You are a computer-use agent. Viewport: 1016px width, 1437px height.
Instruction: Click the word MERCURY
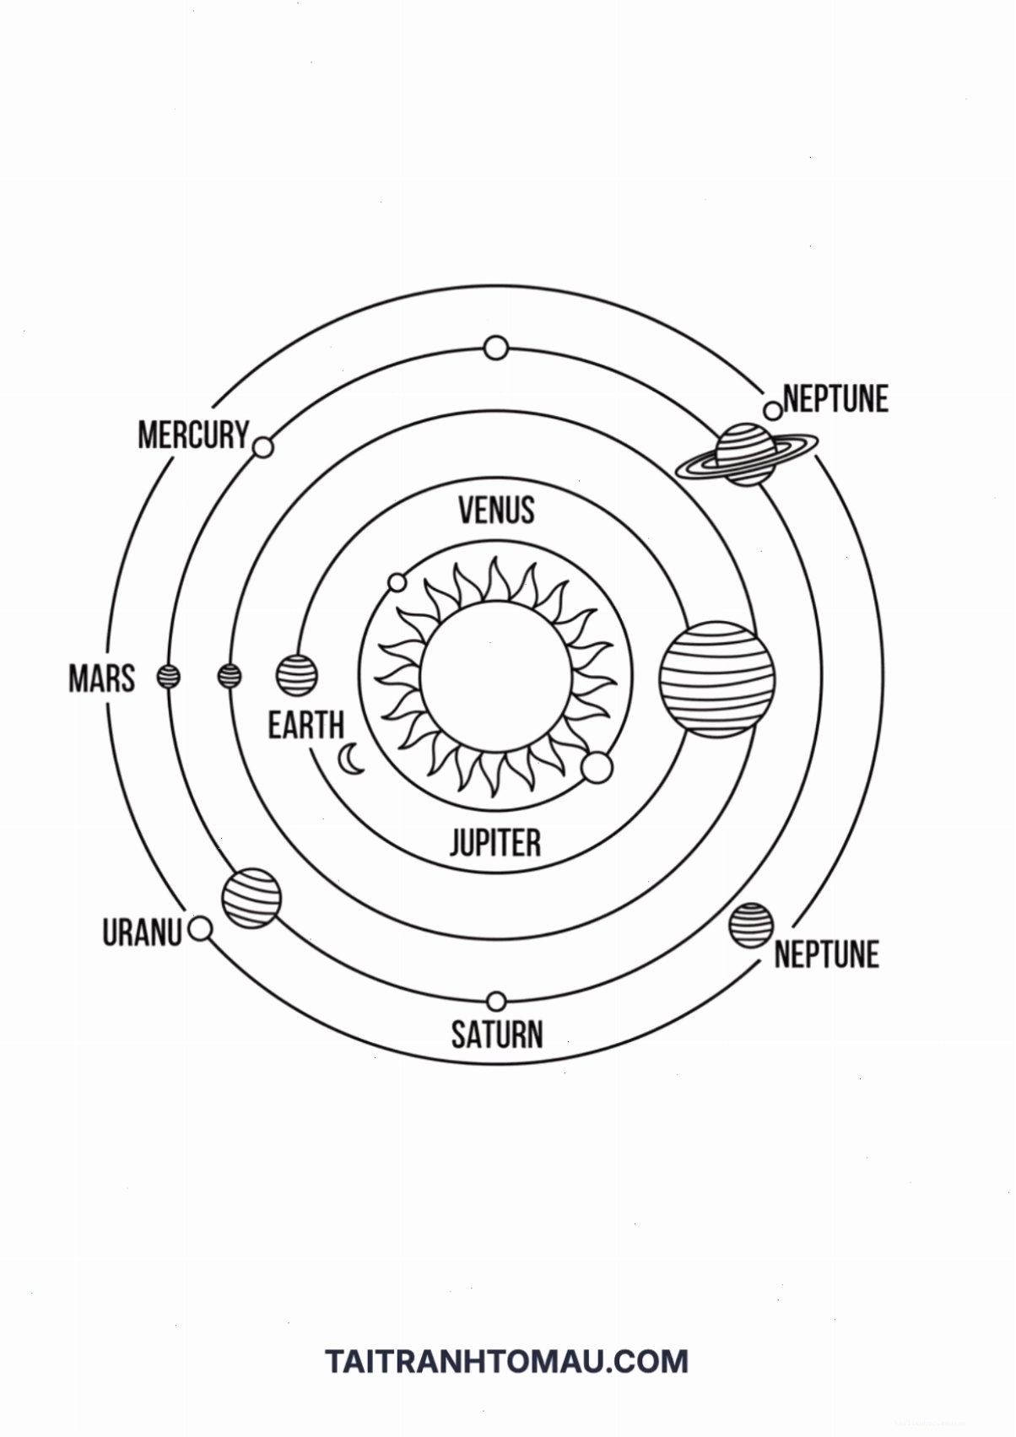[193, 435]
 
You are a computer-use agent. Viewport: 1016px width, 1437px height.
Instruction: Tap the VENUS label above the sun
[496, 510]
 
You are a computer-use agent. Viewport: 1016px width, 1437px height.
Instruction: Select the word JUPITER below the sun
[495, 842]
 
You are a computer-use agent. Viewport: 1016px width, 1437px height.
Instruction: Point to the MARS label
[102, 678]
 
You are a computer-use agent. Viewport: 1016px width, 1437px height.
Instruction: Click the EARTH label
[306, 726]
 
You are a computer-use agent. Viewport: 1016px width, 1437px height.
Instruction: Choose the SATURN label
[497, 1034]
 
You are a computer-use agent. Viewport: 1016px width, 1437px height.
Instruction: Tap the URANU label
[143, 932]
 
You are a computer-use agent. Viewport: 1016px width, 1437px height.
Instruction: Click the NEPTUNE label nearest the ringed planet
[835, 399]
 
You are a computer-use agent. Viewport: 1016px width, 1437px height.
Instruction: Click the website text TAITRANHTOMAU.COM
[506, 1361]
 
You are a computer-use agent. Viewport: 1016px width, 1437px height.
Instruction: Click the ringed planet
[746, 454]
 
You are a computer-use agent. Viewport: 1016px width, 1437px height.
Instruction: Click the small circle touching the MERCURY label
[263, 447]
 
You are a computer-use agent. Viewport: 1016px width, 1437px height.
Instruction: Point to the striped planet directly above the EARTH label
[296, 676]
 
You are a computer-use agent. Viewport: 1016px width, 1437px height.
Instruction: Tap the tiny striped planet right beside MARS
[169, 676]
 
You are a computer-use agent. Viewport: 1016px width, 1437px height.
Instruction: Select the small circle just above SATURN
[496, 1001]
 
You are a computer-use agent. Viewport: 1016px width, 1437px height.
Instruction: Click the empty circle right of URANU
[201, 928]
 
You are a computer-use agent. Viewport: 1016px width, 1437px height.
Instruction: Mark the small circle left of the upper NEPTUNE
[773, 411]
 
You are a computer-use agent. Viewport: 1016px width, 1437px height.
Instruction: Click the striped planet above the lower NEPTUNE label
[751, 925]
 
